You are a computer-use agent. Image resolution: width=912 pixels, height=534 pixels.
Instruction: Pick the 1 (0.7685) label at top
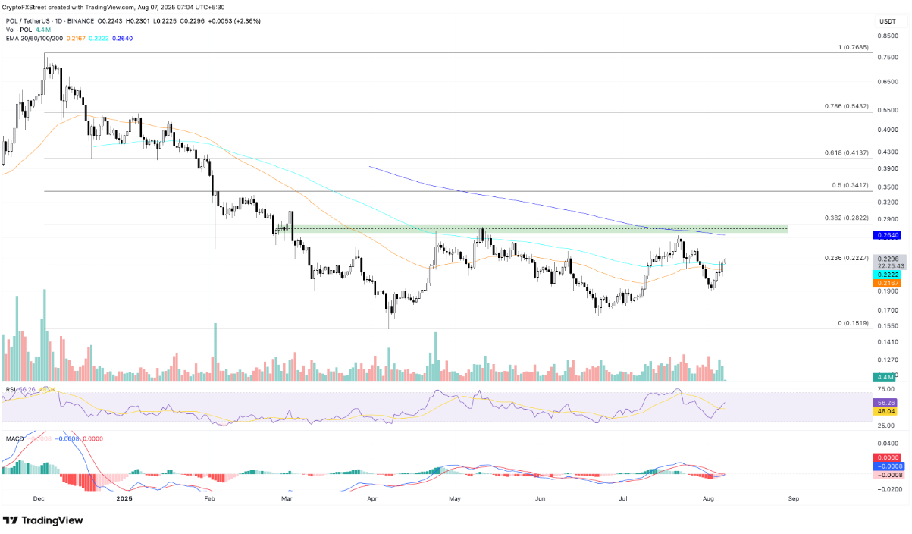(x=852, y=47)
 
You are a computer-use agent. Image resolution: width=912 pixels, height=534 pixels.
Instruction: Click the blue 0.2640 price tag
(x=887, y=235)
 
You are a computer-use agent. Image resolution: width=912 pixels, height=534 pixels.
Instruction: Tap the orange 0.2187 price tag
(x=887, y=282)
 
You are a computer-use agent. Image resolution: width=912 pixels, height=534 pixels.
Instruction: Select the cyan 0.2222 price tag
(x=887, y=274)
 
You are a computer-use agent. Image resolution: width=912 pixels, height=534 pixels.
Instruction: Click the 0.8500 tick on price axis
(x=887, y=35)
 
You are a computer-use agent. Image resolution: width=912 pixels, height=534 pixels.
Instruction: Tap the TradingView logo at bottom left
(x=43, y=520)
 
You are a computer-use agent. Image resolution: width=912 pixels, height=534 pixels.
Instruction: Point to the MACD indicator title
(x=14, y=438)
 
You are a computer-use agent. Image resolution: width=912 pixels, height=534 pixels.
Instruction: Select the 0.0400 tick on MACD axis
(x=887, y=444)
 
